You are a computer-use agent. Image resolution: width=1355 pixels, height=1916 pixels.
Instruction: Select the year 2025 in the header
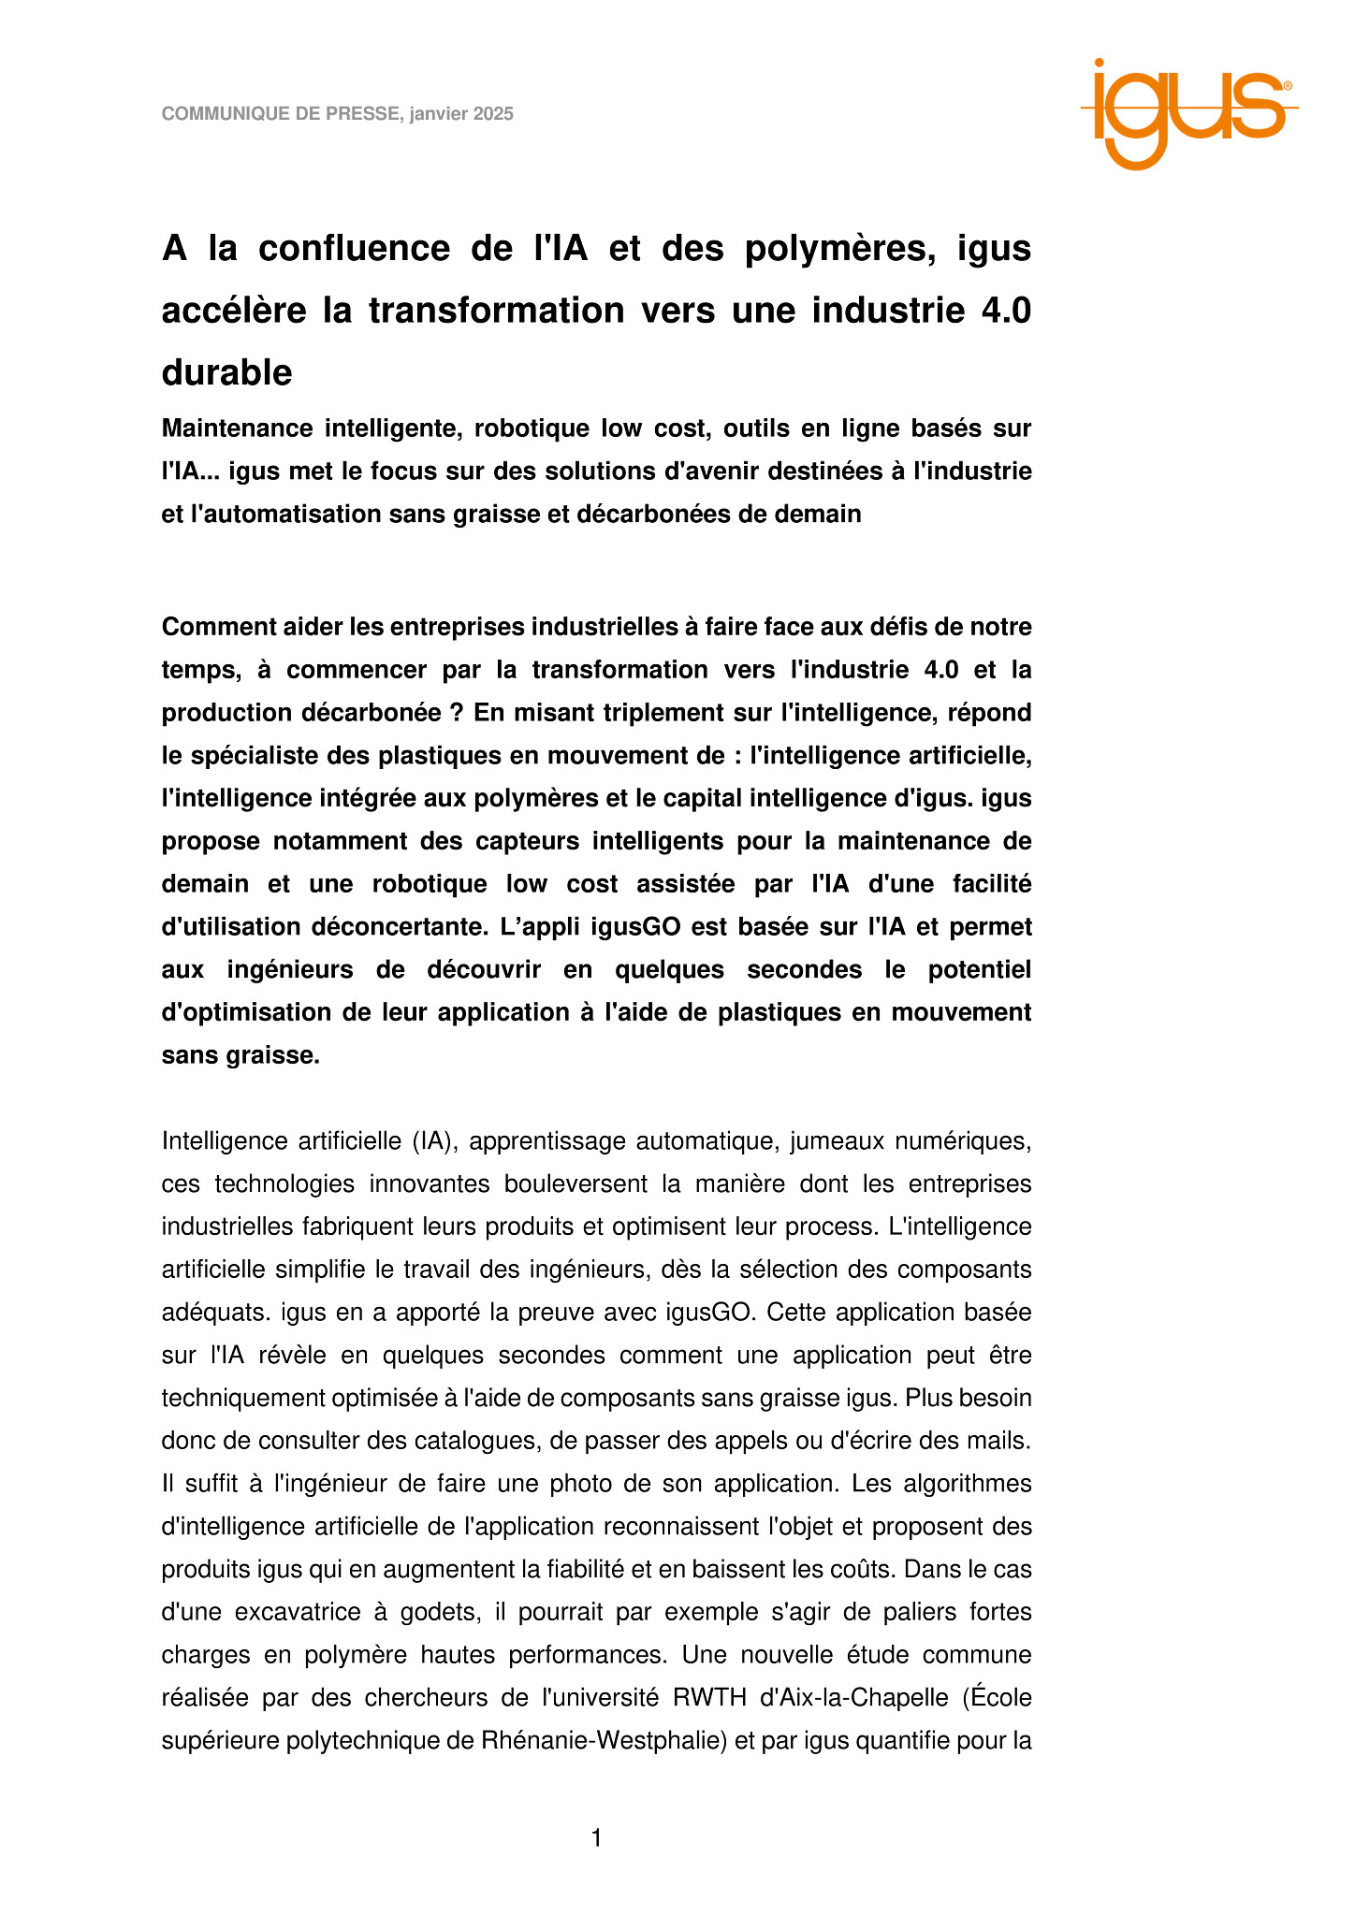point(492,114)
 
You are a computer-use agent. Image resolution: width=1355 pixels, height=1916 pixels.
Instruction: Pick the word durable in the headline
point(226,373)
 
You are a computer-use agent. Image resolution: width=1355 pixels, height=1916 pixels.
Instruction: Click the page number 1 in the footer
point(596,1839)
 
